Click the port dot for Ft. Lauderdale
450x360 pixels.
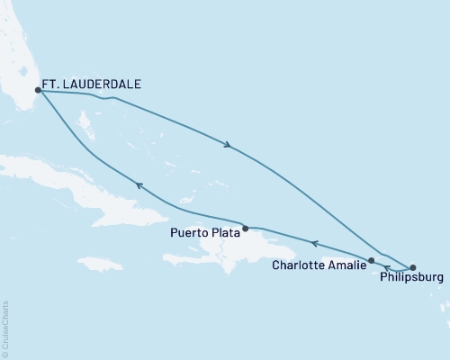tap(38, 90)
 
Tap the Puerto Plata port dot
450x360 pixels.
tap(245, 229)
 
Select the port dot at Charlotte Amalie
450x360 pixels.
tap(371, 260)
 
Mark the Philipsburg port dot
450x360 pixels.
tap(413, 267)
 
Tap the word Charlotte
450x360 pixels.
tap(299, 265)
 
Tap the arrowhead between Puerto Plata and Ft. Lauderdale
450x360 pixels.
tap(139, 184)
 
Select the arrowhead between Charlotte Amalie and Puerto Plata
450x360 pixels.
tap(313, 243)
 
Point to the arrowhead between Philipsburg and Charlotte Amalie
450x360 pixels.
tap(387, 268)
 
